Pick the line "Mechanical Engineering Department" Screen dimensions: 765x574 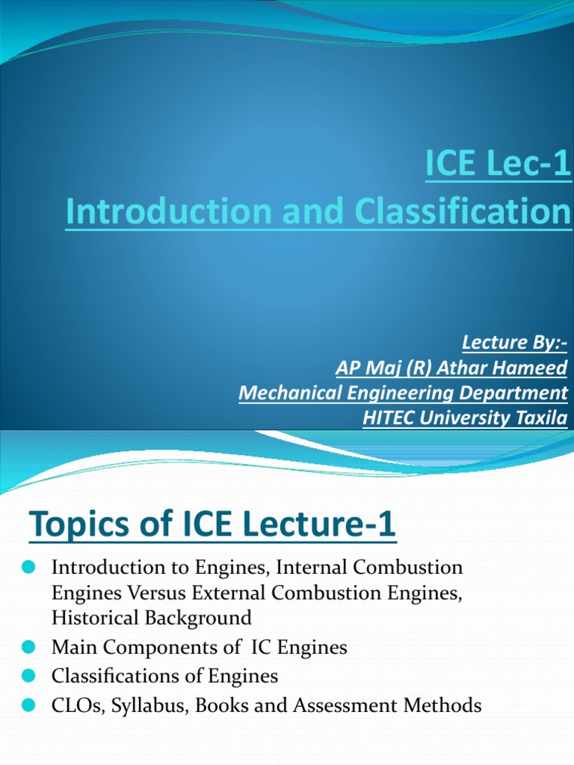click(403, 393)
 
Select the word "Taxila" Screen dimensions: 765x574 click(540, 418)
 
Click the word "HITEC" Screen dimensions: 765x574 click(389, 418)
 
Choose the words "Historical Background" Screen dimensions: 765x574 click(152, 618)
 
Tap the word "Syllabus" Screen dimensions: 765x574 click(149, 706)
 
